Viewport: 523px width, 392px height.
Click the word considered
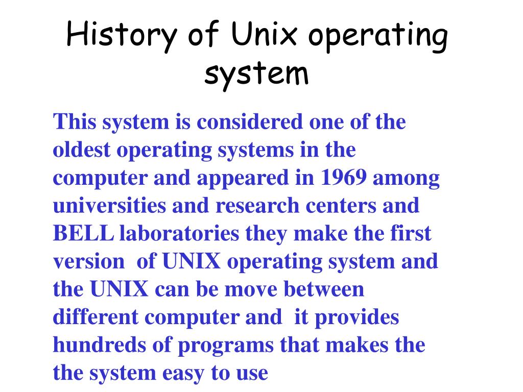pos(249,122)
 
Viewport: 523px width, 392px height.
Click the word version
pos(88,262)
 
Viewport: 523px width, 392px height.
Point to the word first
pos(414,234)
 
